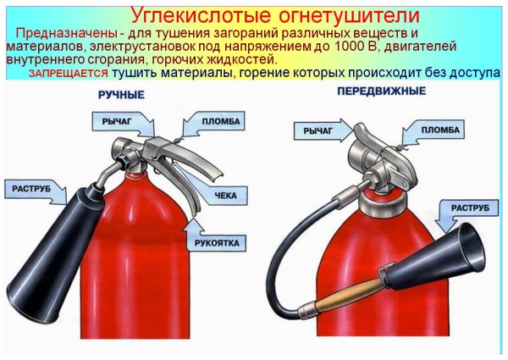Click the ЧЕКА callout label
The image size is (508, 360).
coord(225,195)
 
